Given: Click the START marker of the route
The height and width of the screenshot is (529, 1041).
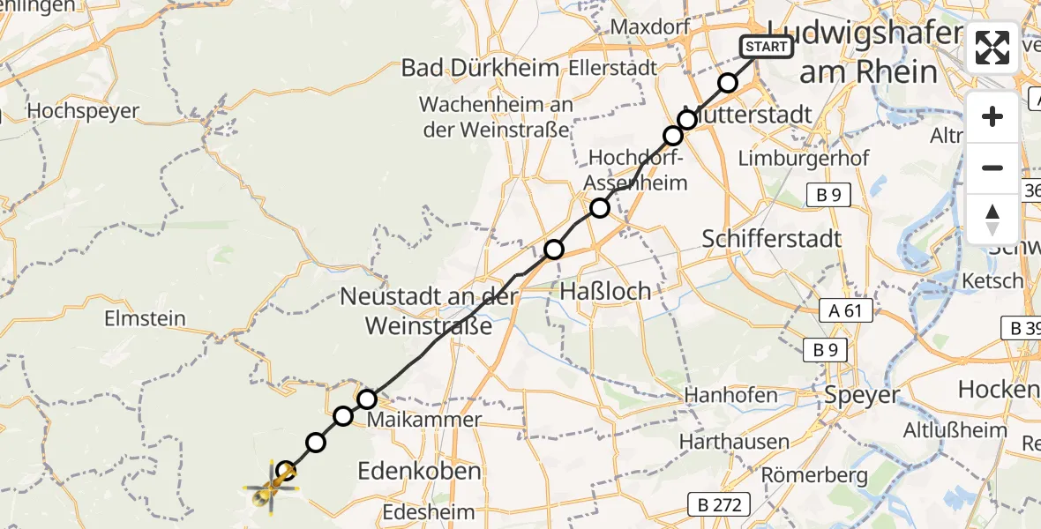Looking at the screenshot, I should (x=767, y=47).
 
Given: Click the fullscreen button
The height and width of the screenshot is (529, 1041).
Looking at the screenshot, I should (x=992, y=48).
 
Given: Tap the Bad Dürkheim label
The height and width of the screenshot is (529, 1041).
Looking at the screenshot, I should (x=480, y=68).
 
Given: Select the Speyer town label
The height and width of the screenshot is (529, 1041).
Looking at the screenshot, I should (x=862, y=395).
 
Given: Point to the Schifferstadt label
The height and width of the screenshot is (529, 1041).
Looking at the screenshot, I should (x=771, y=238).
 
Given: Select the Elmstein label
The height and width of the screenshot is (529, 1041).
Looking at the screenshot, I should (x=145, y=317).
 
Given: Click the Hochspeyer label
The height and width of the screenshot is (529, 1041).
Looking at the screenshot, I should (x=83, y=111).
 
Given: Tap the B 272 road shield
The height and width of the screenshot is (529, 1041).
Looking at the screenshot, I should (x=720, y=504).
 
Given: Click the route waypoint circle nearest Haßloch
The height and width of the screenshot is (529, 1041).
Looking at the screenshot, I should (x=553, y=250).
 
